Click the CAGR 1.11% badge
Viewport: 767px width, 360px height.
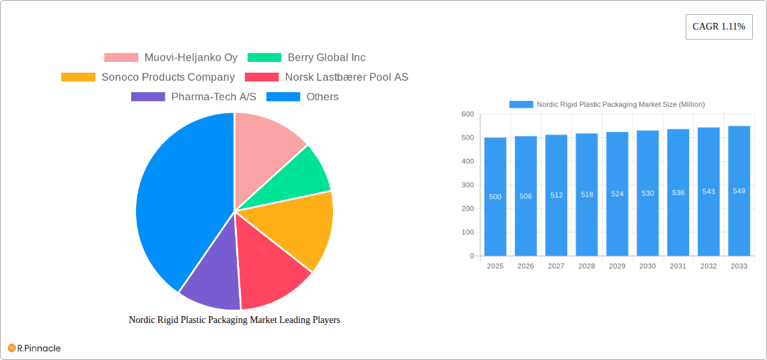[x=719, y=27]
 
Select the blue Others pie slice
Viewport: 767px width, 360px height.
[x=175, y=202]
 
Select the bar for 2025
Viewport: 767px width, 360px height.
[x=495, y=196]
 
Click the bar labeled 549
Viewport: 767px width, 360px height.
[x=739, y=190]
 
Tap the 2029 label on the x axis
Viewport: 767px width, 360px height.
[x=617, y=266]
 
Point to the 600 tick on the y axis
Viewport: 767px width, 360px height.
[x=467, y=114]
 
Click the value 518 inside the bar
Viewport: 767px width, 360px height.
[x=587, y=194]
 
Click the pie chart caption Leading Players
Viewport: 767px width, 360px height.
[x=234, y=320]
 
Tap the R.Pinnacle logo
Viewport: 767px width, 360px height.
[x=34, y=348]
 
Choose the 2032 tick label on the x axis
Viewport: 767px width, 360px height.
[x=708, y=266]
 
